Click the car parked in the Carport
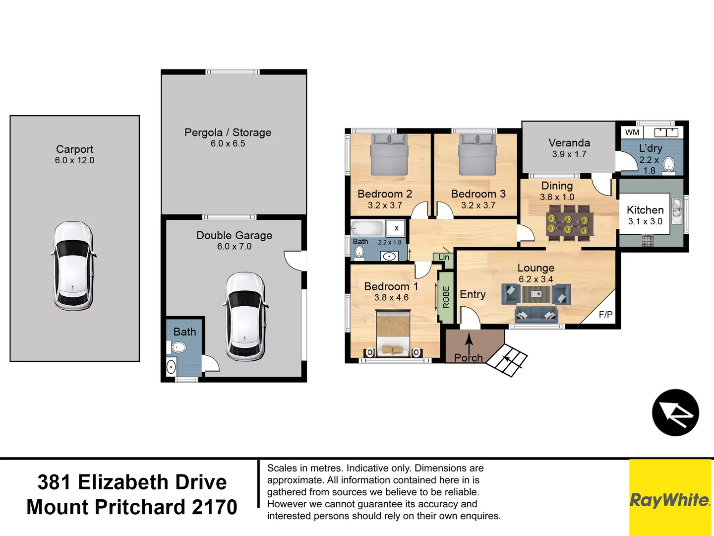(x=73, y=266)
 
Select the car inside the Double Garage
(x=245, y=316)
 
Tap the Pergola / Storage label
(x=228, y=133)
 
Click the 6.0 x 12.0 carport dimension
(x=74, y=160)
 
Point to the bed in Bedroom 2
(x=389, y=155)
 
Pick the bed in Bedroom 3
(x=477, y=155)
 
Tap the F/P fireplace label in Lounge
(x=605, y=314)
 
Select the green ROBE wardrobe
(x=446, y=297)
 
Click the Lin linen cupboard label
(x=444, y=257)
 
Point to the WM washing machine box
(x=632, y=133)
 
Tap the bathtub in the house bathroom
(x=367, y=228)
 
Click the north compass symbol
(x=675, y=412)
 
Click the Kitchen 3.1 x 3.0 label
(x=645, y=215)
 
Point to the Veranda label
(x=569, y=142)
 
